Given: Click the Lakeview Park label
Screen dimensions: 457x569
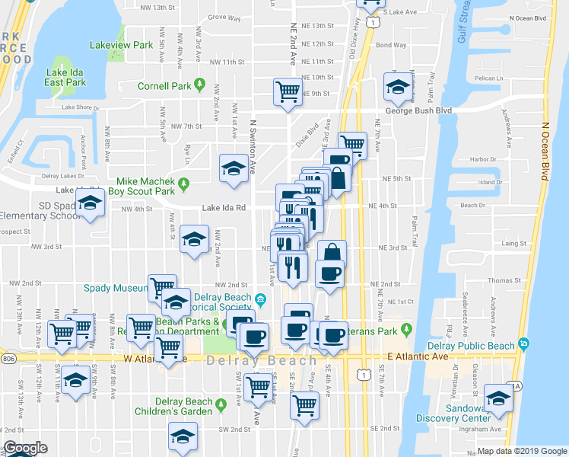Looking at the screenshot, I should (x=122, y=46).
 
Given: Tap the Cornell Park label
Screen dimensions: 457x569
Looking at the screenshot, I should (x=164, y=86).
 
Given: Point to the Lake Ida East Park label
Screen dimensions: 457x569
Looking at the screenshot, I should (x=64, y=77).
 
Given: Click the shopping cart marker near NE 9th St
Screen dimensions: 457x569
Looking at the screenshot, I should (x=288, y=91).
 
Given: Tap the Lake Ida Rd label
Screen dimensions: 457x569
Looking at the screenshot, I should (x=224, y=207).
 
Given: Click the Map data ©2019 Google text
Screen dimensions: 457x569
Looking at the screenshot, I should (x=522, y=451).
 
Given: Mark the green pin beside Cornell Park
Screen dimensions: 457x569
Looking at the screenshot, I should (x=201, y=84).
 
